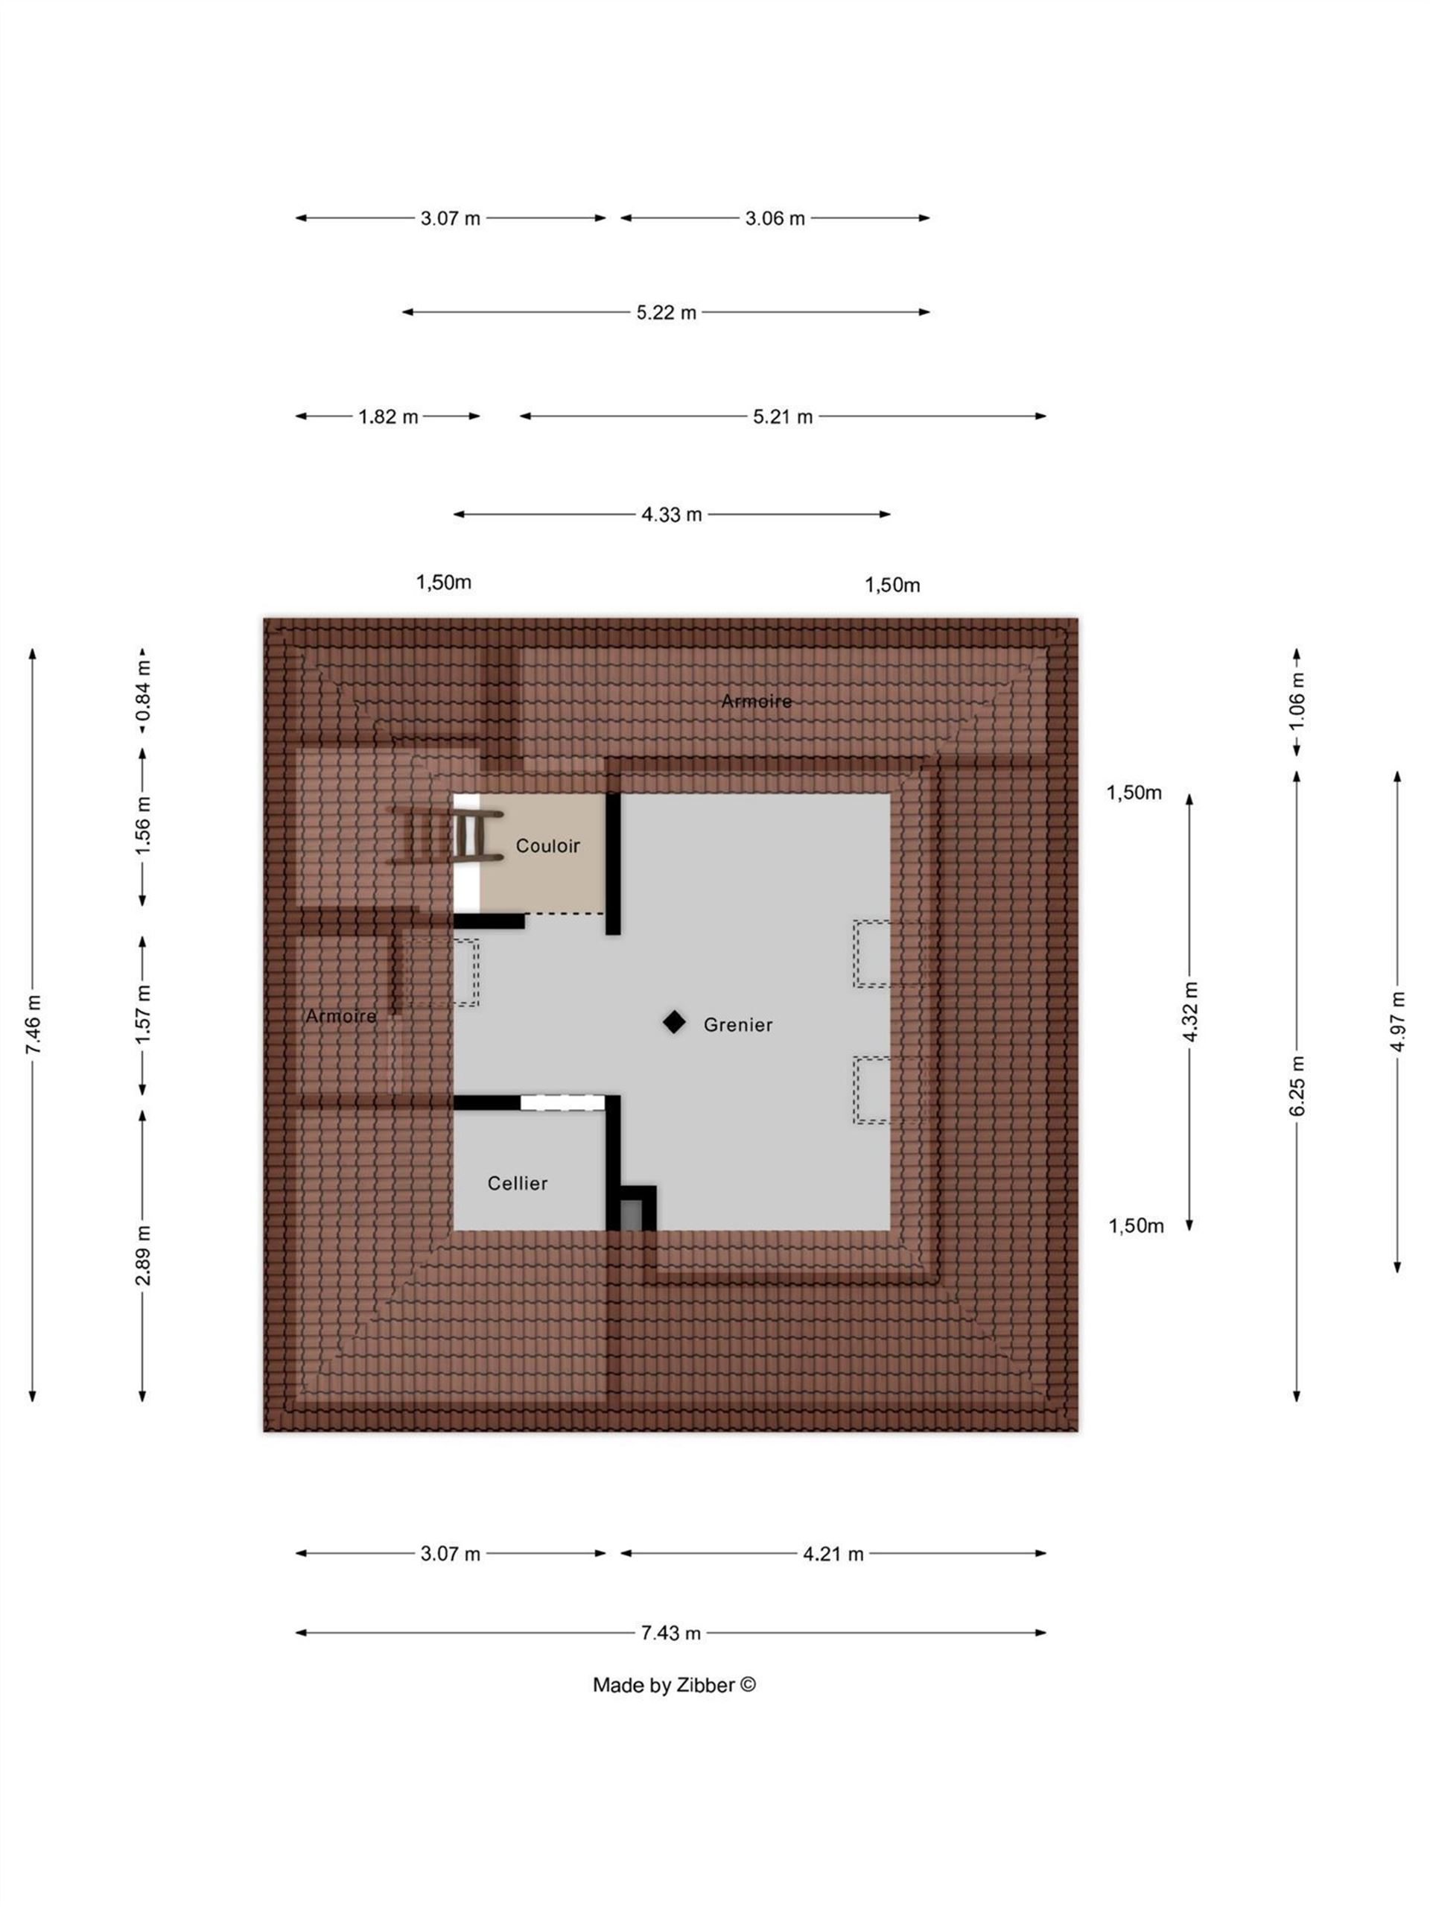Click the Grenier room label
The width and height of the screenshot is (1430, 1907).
coord(737,1024)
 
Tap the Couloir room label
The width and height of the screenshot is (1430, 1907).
coord(547,845)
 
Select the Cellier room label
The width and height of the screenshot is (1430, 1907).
coord(517,1183)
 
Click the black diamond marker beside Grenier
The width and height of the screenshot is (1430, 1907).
coord(674,1023)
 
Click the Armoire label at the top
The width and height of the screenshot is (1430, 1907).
coord(756,701)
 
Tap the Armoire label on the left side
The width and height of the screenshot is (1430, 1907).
coord(340,1015)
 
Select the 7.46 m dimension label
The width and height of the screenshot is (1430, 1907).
coord(33,1024)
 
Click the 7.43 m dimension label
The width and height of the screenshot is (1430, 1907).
coord(670,1633)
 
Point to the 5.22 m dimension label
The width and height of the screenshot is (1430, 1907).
coord(667,312)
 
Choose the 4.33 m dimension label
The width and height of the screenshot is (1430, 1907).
coord(672,515)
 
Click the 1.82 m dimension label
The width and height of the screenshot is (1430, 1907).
coord(388,416)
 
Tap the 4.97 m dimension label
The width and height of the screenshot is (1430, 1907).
coord(1397,1021)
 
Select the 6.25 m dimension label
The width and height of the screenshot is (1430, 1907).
coord(1297,1085)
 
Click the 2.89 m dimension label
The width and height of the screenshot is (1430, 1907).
coord(143,1254)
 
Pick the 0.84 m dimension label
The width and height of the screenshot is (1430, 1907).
coord(143,690)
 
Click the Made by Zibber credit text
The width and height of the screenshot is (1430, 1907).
coord(674,1684)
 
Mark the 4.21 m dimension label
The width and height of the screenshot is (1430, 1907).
coord(833,1553)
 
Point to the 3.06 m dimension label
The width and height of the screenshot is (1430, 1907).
coord(775,218)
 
